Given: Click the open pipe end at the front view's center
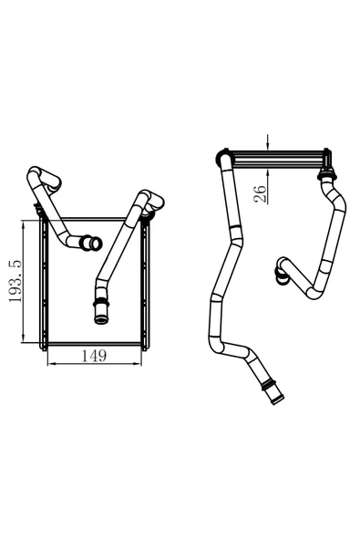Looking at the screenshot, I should [89, 244].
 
